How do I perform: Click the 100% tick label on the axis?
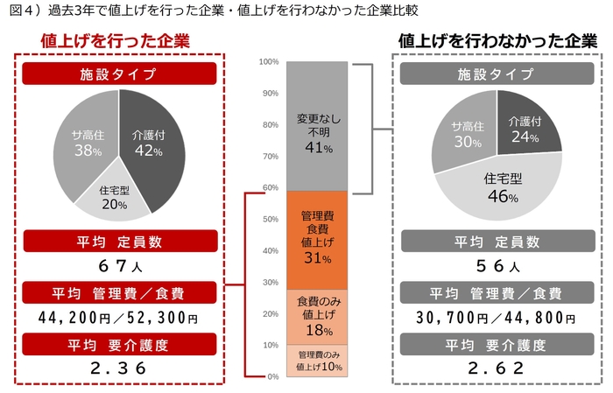pyautogui.click(x=269, y=62)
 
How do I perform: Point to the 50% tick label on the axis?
pyautogui.click(x=271, y=220)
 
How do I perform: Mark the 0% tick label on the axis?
pyautogui.click(x=273, y=376)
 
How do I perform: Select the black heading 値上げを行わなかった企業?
pyautogui.click(x=497, y=41)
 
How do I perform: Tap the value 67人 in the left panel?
pyautogui.click(x=118, y=265)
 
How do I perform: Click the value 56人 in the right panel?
pyautogui.click(x=496, y=265)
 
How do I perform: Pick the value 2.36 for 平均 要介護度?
pyautogui.click(x=119, y=368)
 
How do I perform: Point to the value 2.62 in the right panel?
pyautogui.click(x=496, y=368)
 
